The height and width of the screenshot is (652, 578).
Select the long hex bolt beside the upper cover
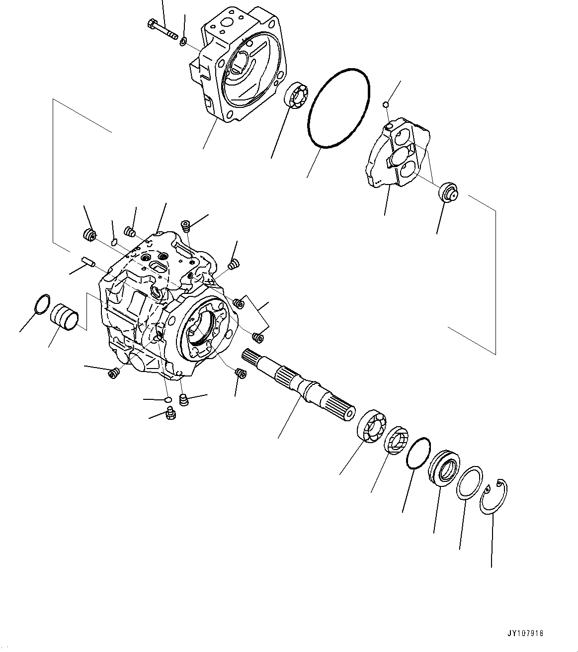pos(162,29)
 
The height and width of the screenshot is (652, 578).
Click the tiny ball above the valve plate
pos(385,104)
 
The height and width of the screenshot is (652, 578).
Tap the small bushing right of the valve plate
pos(448,192)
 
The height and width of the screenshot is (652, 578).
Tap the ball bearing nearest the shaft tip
pos(372,426)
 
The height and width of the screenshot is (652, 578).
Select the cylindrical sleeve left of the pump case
pos(65,316)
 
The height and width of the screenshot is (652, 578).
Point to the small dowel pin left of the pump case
pos(87,261)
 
